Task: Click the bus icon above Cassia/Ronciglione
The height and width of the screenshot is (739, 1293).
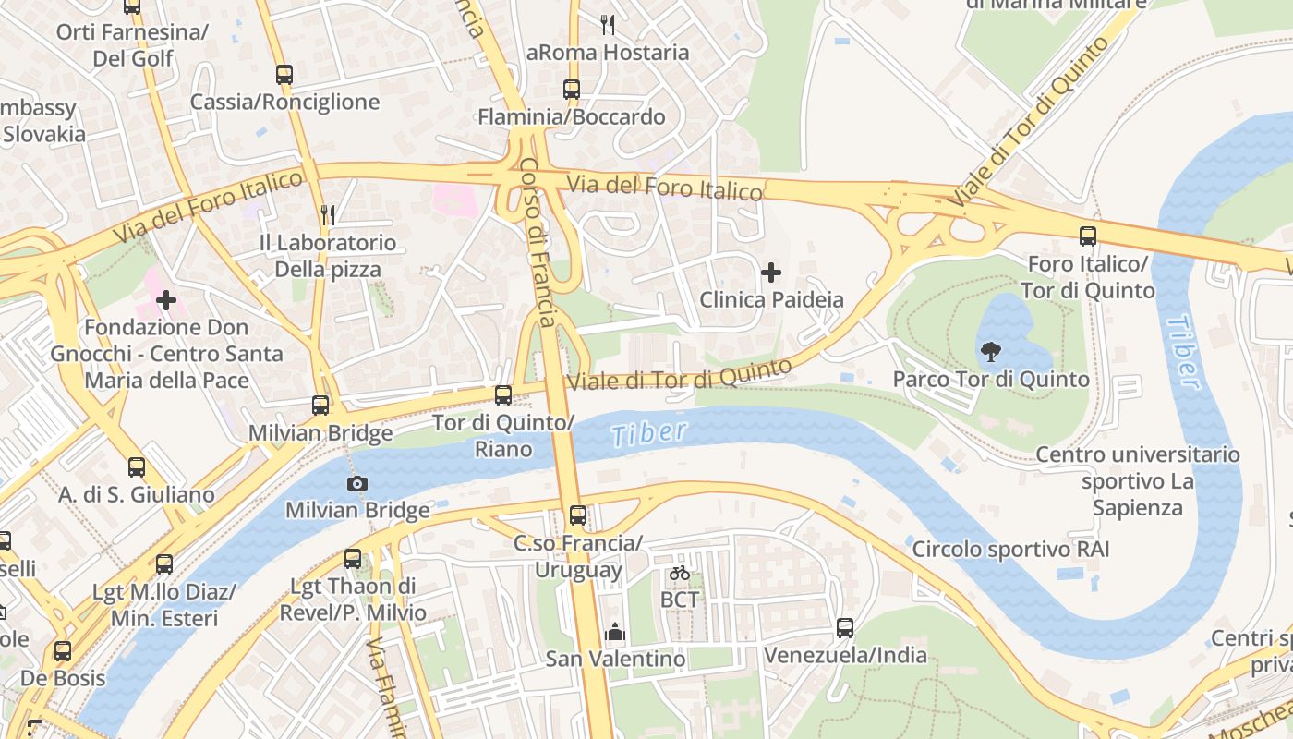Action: (284, 75)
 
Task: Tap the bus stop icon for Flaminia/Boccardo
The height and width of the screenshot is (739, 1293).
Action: (572, 90)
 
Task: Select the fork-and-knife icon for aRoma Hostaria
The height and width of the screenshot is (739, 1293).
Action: (608, 25)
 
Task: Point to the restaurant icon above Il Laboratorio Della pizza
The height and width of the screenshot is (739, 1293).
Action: (328, 215)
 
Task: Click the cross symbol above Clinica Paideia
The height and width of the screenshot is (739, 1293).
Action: (771, 273)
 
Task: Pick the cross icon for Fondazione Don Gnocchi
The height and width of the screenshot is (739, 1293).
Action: (166, 300)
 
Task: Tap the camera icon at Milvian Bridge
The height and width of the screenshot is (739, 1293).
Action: (357, 483)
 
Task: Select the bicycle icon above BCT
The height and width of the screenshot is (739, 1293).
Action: (680, 573)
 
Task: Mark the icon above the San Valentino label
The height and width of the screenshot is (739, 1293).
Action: (615, 632)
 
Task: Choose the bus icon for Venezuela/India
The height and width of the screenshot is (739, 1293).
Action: (845, 628)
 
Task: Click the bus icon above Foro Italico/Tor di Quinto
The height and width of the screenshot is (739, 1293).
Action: (1088, 236)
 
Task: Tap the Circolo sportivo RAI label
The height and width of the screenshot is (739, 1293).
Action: (1010, 550)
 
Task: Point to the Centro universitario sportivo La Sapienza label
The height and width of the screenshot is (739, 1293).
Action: (1137, 480)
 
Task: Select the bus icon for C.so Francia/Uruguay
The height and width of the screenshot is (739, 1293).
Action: (578, 515)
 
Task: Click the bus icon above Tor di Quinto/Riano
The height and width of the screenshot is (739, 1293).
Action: (503, 395)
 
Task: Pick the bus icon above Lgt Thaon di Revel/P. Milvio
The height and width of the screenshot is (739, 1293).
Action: (353, 559)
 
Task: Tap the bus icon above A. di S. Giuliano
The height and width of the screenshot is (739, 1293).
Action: (137, 467)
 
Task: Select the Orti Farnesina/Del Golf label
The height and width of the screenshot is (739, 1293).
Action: (133, 45)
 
